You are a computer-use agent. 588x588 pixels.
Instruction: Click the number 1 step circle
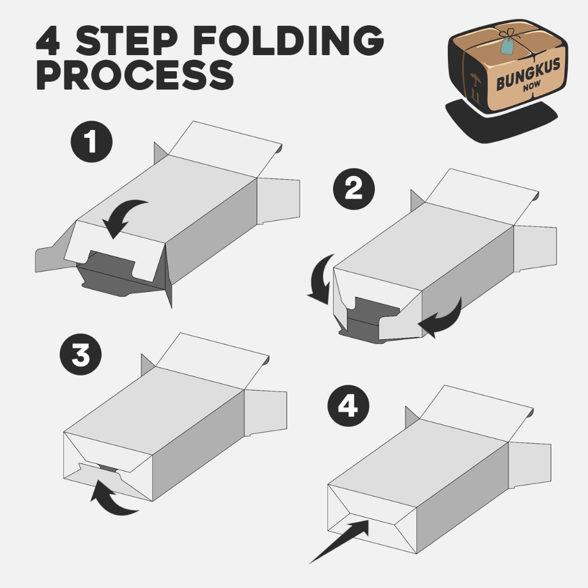point(91,142)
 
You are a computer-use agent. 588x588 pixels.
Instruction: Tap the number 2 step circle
point(354,189)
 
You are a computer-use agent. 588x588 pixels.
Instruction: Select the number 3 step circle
point(80,354)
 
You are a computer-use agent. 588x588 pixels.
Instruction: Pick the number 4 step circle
point(349,406)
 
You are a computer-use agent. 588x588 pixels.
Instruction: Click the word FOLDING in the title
point(289,41)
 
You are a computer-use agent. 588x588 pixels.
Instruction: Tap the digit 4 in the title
point(48,41)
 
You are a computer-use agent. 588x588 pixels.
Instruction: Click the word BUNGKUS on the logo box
point(528,74)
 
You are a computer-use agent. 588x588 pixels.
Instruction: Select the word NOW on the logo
point(532,87)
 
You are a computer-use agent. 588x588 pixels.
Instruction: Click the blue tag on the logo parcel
point(508,47)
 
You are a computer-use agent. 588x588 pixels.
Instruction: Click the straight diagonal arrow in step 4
point(339,542)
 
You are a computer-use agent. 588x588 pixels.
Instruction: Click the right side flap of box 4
point(529,465)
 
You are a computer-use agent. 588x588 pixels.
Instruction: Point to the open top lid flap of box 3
point(212,361)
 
